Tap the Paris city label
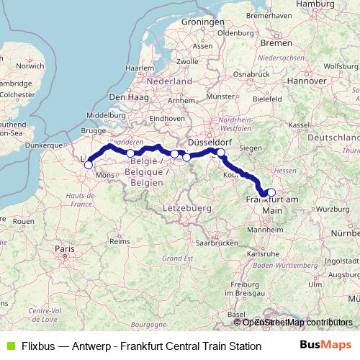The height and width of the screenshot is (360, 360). click(66, 248)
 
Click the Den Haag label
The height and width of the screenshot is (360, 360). click(127, 96)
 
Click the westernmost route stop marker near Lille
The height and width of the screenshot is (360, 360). click(89, 165)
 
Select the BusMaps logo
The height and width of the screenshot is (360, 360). click(326, 345)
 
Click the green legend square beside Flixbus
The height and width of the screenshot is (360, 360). click(9, 346)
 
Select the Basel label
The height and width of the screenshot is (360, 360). click(235, 315)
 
